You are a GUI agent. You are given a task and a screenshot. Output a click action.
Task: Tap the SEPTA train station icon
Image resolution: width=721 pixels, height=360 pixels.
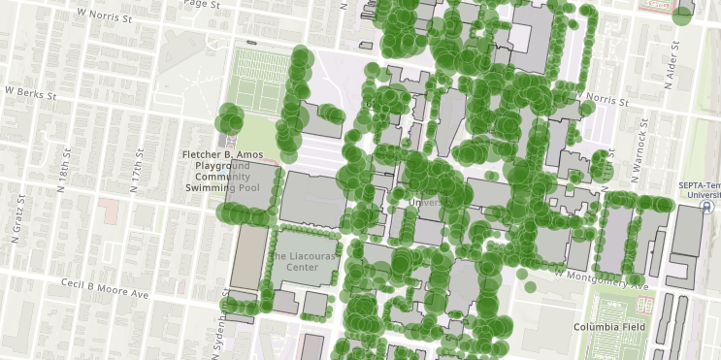click(707, 207)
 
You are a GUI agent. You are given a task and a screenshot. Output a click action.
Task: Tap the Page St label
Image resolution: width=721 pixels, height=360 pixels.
click(198, 5)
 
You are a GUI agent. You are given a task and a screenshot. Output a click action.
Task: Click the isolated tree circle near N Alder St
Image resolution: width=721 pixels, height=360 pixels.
click(683, 14)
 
